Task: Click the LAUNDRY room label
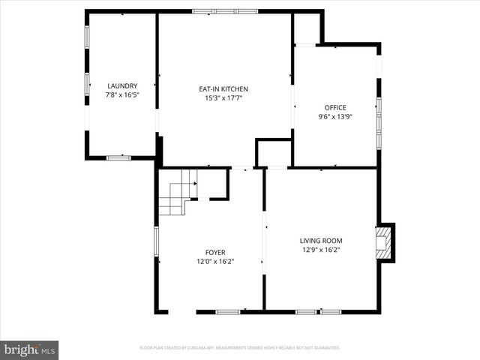click(122, 86)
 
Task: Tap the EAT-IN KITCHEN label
click(223, 89)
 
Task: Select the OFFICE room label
click(335, 107)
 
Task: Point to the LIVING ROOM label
click(321, 241)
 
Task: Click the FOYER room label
click(216, 253)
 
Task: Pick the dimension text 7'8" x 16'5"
click(122, 95)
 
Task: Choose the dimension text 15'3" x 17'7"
click(223, 98)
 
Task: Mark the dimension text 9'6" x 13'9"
click(335, 116)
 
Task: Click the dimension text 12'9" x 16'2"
click(321, 250)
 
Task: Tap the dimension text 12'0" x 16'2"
click(216, 262)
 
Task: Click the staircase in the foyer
click(178, 192)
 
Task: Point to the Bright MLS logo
click(29, 349)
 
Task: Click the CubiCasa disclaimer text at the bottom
click(240, 348)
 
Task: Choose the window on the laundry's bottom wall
click(118, 157)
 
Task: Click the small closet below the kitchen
click(273, 153)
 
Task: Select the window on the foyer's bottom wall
click(228, 311)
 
